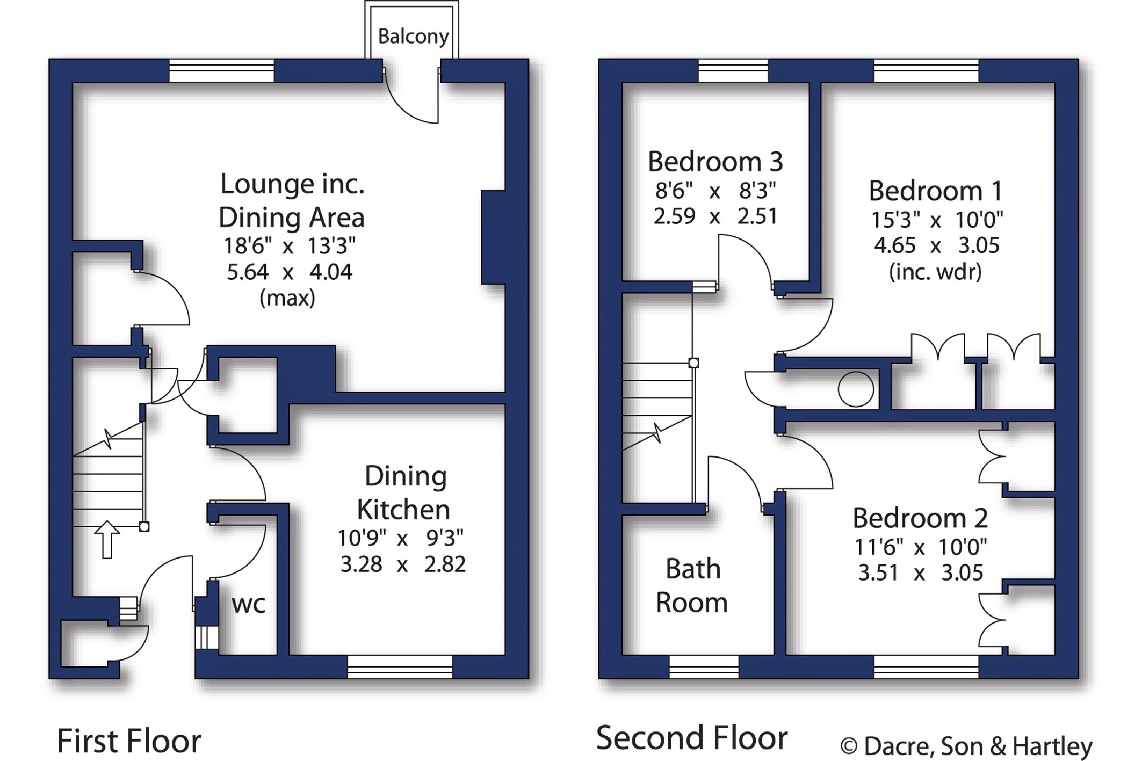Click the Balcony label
tap(413, 37)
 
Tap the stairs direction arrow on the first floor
tap(107, 539)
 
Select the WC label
tap(249, 605)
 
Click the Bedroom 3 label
tap(715, 162)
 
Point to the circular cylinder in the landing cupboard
tap(856, 389)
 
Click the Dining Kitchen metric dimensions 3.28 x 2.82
tap(403, 564)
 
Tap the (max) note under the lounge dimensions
tap(287, 298)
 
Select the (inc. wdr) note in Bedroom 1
tap(935, 272)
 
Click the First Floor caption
tap(129, 741)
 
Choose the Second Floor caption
tap(692, 738)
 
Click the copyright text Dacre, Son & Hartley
tap(966, 746)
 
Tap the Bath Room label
tap(692, 585)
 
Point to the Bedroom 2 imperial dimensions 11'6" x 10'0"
tap(921, 547)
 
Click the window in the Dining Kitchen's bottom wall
tap(400, 667)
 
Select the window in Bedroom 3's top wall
tap(733, 70)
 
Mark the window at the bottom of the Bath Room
tap(704, 667)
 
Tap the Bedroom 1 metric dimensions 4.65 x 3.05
tap(936, 245)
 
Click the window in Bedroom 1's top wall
tap(926, 70)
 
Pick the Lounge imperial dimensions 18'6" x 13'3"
tap(289, 246)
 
